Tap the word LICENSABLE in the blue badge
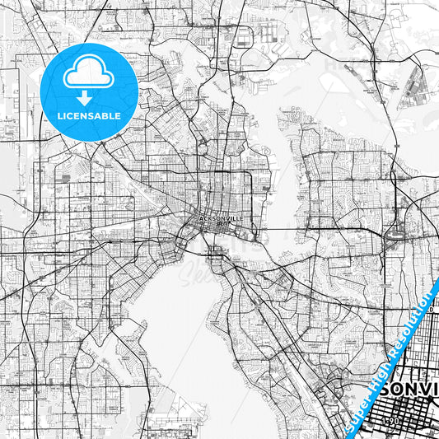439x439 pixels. [x=88, y=116]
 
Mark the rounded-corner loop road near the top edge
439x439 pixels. [x=248, y=36]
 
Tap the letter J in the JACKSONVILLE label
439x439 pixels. [x=200, y=219]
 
